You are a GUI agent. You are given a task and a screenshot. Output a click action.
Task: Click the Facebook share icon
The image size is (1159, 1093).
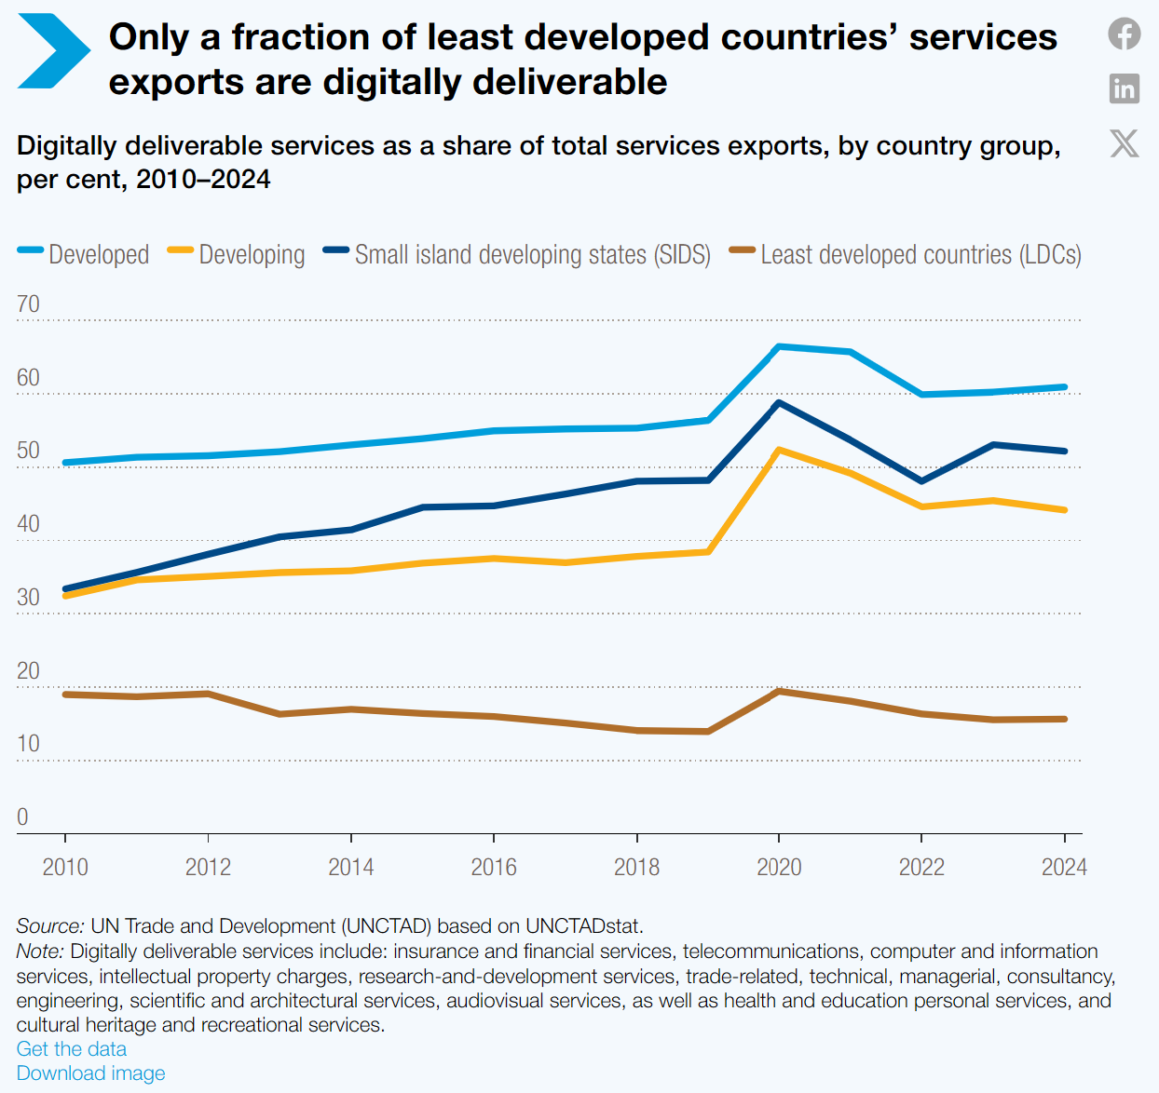pos(1124,34)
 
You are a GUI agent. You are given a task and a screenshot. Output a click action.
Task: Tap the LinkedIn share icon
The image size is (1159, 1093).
pos(1124,88)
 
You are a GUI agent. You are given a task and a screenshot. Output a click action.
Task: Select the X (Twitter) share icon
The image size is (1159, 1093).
pos(1124,143)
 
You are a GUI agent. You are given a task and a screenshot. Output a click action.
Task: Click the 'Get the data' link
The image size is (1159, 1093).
pos(71,1048)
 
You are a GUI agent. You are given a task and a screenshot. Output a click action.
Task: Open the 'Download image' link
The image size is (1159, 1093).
pos(90,1073)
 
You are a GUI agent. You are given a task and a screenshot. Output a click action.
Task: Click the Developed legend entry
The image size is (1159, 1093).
pos(83,254)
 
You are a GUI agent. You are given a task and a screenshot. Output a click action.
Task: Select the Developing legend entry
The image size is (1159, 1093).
pos(236,254)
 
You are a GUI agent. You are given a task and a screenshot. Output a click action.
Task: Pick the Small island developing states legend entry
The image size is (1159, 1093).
pos(516,254)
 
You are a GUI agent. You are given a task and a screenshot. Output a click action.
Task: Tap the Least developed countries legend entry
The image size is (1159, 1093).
pos(906,254)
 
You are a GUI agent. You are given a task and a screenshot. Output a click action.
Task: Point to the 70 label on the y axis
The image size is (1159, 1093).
pos(28,304)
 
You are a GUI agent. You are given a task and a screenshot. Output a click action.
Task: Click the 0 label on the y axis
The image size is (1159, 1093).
pos(22,816)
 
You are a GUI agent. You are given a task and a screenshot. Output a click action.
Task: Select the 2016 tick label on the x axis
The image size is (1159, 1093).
pos(494,868)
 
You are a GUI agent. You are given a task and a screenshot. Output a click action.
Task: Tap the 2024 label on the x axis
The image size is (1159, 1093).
pos(1065,868)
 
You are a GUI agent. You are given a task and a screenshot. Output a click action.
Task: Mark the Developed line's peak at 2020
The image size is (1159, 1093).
pos(779,347)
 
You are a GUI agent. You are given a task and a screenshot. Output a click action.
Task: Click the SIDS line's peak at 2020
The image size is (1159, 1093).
pos(779,403)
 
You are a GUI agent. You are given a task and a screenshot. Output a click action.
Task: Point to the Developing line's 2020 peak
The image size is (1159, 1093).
pos(779,451)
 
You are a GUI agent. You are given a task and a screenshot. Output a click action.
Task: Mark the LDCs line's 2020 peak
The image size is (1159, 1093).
pos(779,691)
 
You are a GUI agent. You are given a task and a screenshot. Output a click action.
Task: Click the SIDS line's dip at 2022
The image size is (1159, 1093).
pos(921,481)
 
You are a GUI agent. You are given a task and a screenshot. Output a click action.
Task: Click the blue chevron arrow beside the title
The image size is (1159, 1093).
pos(54,51)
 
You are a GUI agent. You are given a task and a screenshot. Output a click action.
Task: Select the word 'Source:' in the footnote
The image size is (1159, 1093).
pos(50,925)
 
